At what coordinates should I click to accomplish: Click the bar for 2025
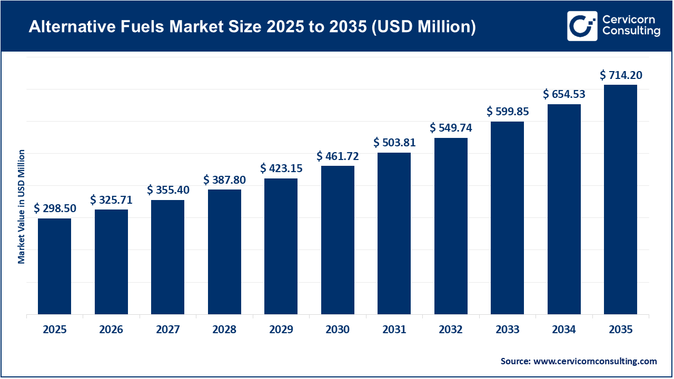54,266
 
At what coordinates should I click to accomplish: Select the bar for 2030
338,240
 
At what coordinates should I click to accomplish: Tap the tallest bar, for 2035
620,200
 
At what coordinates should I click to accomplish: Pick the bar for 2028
224,252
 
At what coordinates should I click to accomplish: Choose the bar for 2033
507,218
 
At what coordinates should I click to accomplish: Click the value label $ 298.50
55,208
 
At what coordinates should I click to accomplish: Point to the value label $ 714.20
621,75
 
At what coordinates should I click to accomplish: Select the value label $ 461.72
338,156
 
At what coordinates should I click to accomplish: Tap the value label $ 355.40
168,189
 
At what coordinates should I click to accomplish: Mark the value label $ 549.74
451,128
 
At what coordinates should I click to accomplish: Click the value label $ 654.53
564,94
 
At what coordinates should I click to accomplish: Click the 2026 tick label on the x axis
111,330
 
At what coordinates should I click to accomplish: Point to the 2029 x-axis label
281,330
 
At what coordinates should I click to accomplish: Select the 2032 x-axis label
451,330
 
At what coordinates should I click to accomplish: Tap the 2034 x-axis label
564,330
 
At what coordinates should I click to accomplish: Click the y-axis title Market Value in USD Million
22,206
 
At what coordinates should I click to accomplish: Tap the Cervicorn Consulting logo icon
582,26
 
